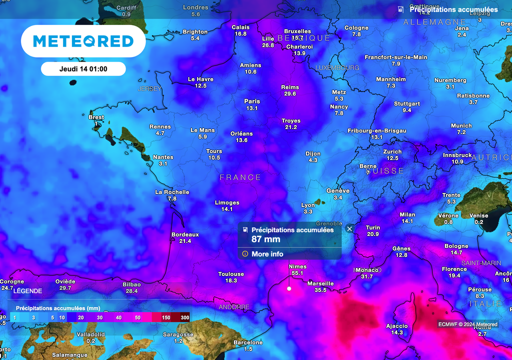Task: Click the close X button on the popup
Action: (349, 228)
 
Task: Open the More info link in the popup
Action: (267, 254)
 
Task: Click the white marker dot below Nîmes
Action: (289, 288)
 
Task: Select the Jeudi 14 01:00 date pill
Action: (83, 68)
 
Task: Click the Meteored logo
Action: (83, 41)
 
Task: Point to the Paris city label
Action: (252, 101)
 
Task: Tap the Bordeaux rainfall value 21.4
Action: (185, 241)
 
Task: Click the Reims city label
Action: (290, 86)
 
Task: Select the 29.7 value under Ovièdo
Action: (65, 288)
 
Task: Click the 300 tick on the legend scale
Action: (185, 317)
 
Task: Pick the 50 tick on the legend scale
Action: (138, 317)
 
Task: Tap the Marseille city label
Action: (320, 283)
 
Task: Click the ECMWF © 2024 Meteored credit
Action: (468, 324)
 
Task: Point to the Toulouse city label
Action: (231, 274)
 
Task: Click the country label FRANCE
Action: (240, 177)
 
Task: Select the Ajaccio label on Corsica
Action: (397, 326)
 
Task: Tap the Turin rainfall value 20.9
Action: (372, 234)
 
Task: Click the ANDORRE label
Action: (233, 307)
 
